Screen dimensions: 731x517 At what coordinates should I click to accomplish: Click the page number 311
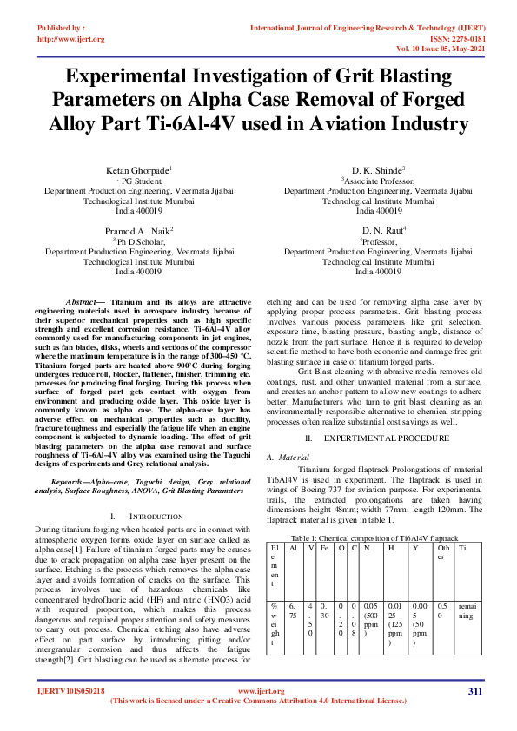(x=474, y=691)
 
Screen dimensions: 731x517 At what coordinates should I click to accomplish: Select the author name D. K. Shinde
(x=378, y=170)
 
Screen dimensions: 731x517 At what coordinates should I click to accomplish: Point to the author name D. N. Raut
(x=377, y=231)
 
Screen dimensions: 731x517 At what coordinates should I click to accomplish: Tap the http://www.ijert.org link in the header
(x=70, y=39)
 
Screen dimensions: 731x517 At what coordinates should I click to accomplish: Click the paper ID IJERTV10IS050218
(x=71, y=691)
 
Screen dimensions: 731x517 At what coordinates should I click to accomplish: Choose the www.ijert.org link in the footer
(x=257, y=691)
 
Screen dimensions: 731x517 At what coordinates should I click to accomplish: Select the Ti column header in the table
(x=463, y=549)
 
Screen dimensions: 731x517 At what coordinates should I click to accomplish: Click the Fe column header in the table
(x=323, y=549)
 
